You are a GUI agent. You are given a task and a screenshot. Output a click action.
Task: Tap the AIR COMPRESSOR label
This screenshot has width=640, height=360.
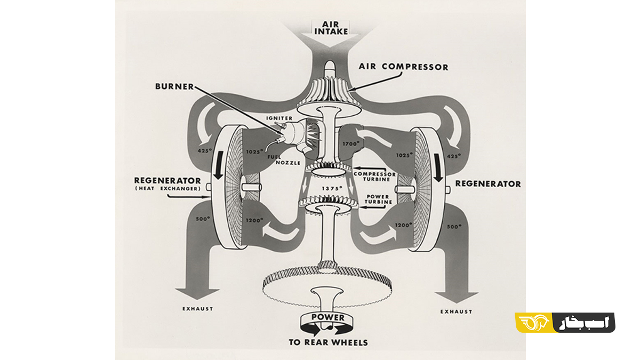tap(404, 67)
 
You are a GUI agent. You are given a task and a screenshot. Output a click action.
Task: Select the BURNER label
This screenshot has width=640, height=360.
tap(174, 85)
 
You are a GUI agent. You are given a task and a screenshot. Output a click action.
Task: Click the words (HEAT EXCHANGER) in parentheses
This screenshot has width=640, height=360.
tap(167, 188)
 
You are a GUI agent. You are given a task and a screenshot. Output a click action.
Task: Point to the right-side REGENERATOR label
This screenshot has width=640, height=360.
tap(487, 184)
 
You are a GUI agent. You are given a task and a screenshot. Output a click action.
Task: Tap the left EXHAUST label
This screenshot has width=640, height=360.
tap(197, 309)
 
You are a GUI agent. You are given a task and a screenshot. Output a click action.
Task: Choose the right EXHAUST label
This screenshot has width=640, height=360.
tap(457, 311)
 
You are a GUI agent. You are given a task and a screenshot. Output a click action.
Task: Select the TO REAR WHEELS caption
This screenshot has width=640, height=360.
tap(328, 342)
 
